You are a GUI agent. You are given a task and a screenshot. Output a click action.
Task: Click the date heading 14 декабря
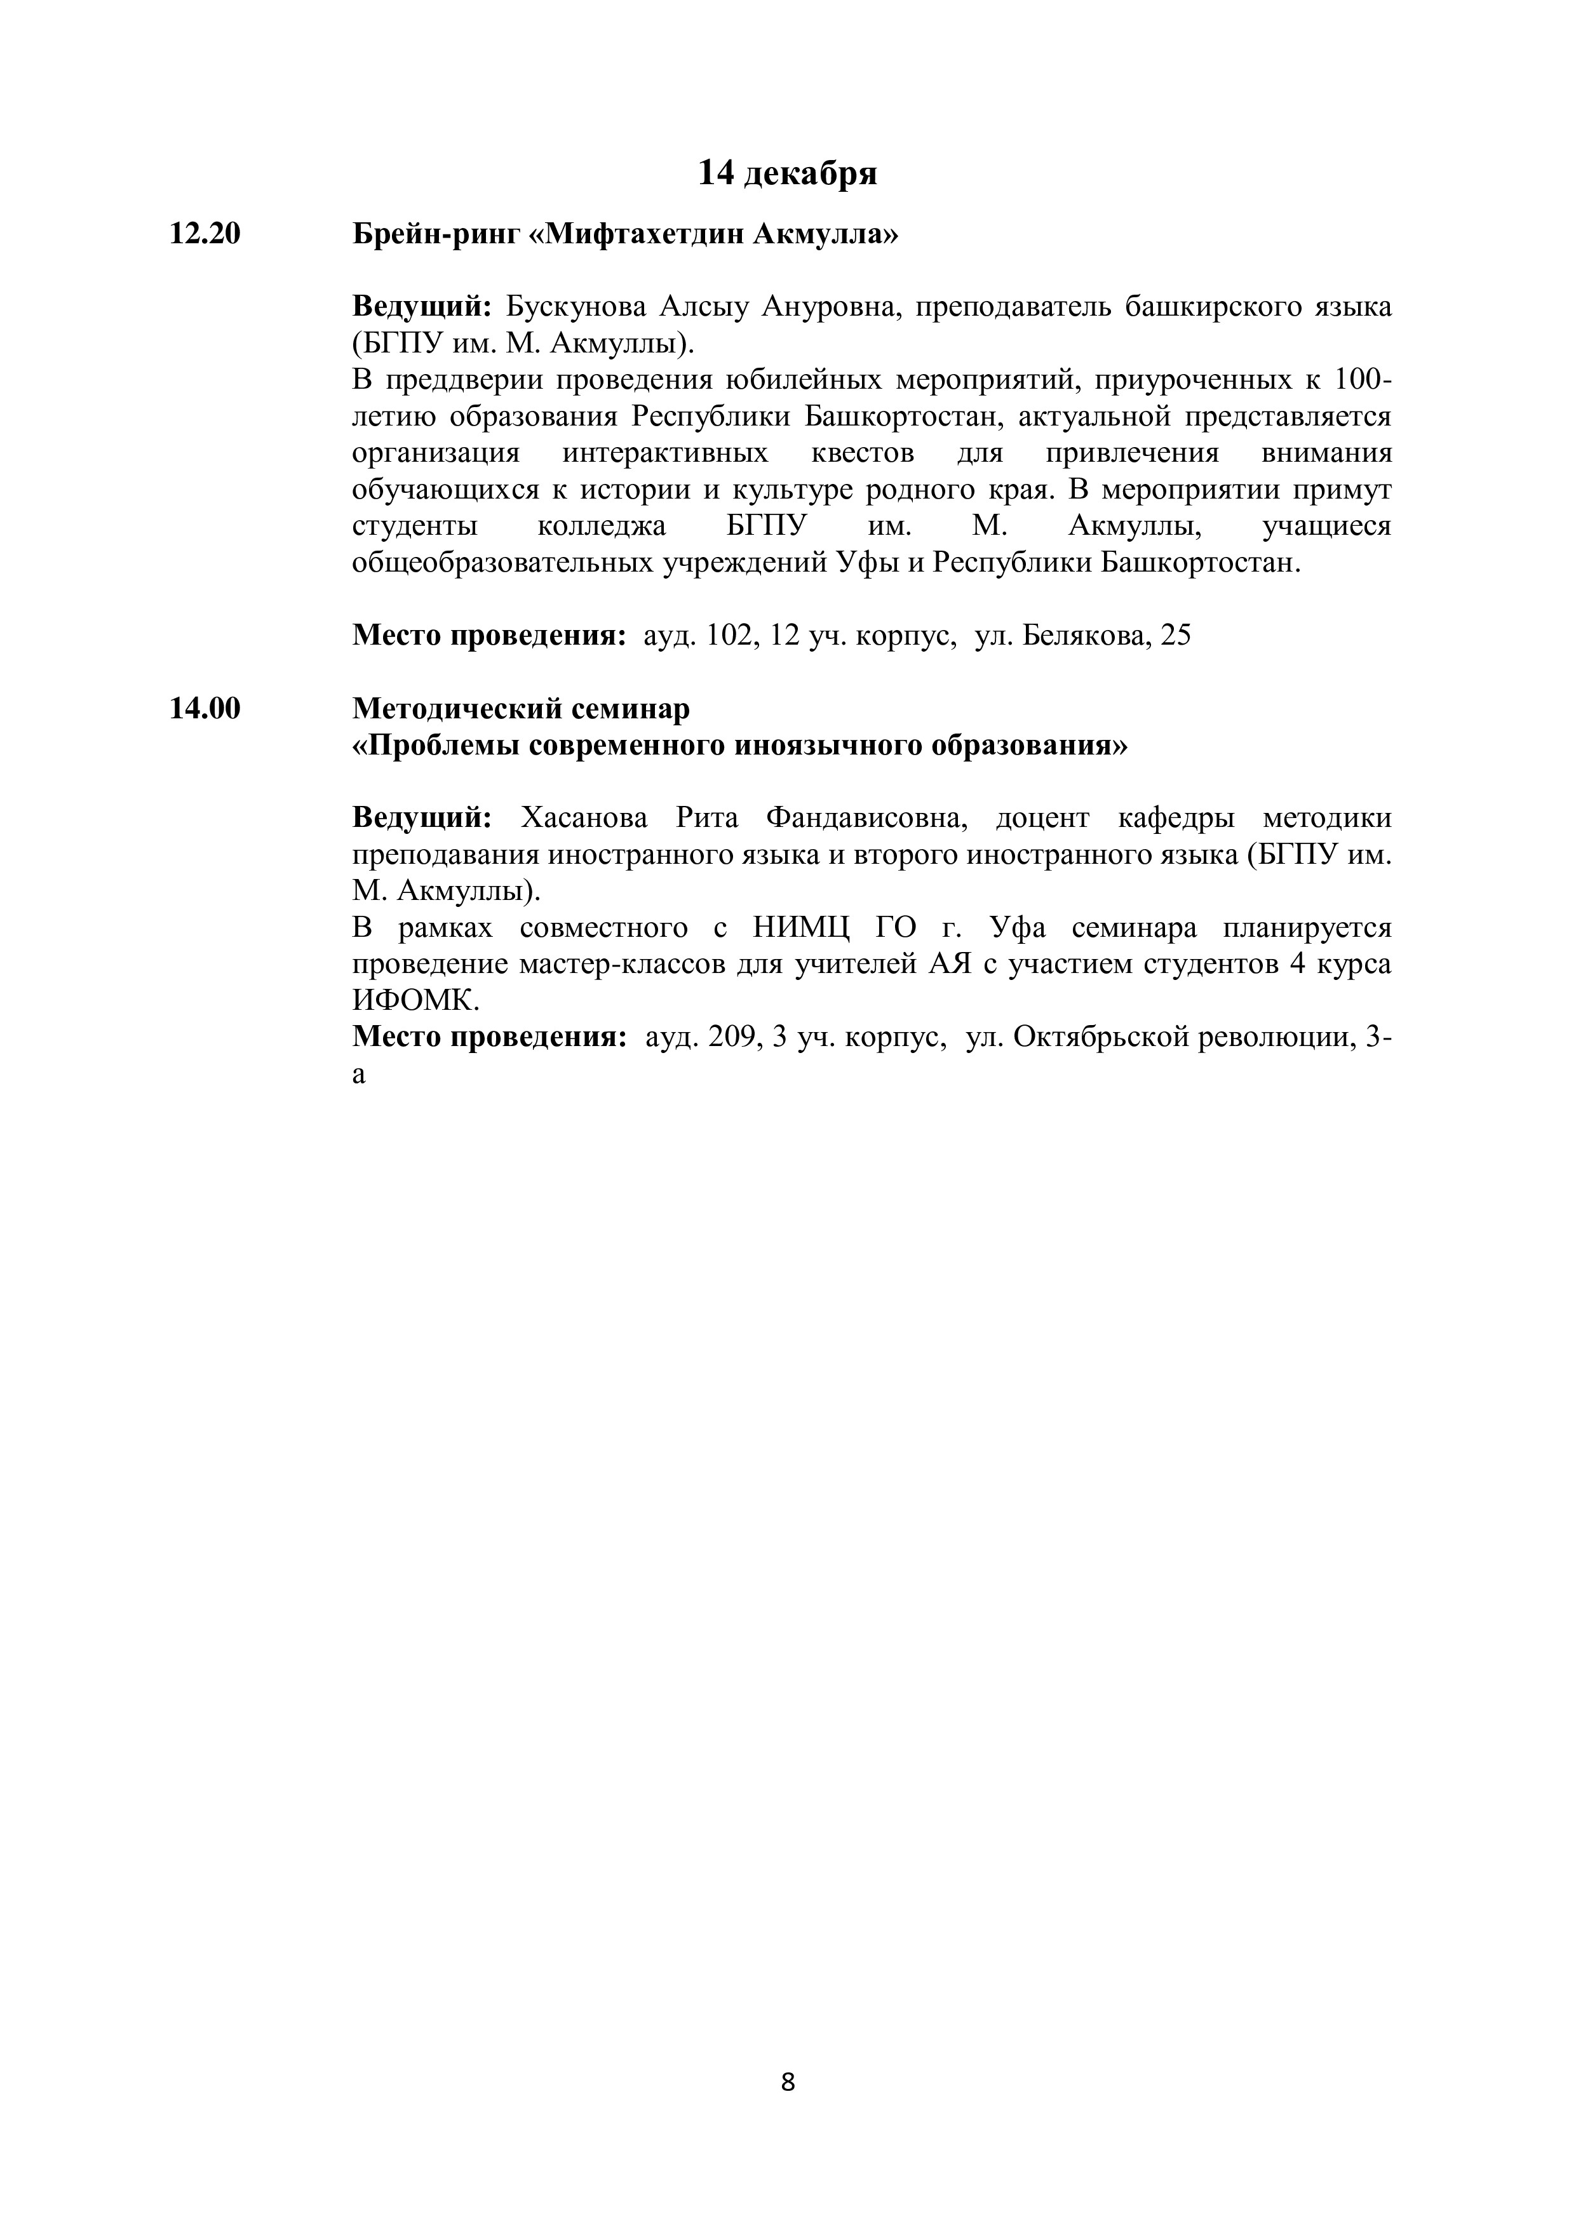click(787, 173)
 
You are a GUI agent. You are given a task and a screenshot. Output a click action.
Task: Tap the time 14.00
click(205, 709)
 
